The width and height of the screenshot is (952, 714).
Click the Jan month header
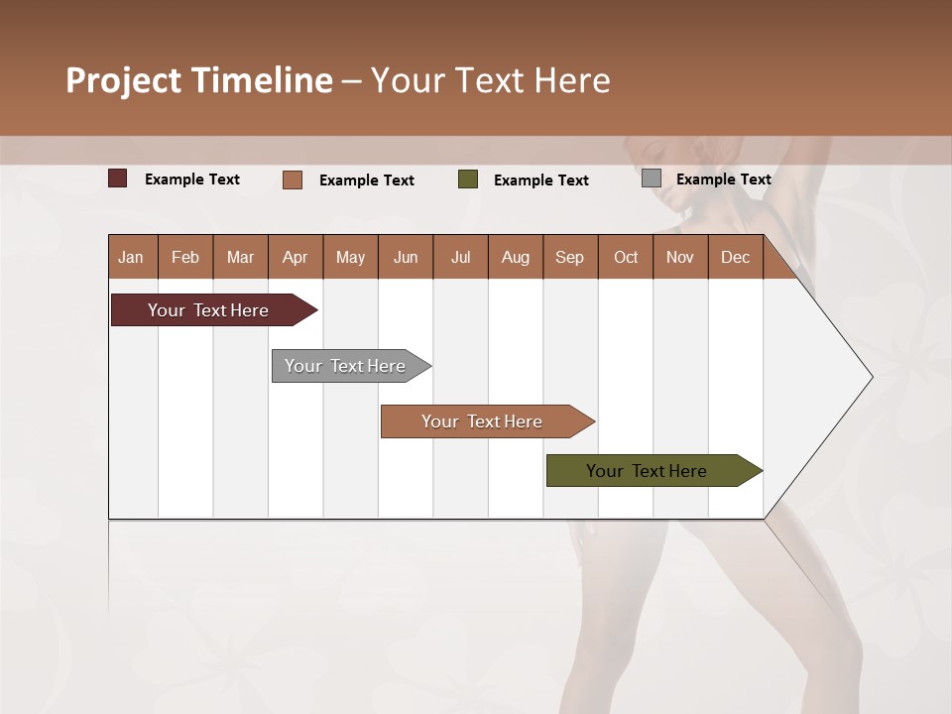coord(131,258)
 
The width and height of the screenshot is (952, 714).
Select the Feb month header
coord(185,258)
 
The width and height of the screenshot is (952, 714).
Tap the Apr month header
coord(295,258)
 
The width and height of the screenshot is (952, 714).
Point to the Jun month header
coord(406,258)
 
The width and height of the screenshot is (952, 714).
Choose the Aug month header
coord(515,258)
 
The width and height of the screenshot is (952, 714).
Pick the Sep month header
coord(569,258)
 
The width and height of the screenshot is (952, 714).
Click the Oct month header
coord(626,258)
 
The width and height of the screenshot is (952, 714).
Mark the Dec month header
coord(735,258)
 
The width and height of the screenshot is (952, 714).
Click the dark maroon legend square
coord(118,178)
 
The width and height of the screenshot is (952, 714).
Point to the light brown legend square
coord(293,179)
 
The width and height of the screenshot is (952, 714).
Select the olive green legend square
coord(468,179)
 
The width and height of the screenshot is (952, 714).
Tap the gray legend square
coord(652,178)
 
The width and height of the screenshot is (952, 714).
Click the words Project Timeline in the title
coord(198,80)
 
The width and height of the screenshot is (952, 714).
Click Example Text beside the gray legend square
coord(723,179)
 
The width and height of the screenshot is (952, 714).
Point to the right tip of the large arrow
coord(870,377)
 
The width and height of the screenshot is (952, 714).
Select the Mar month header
coord(240,258)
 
